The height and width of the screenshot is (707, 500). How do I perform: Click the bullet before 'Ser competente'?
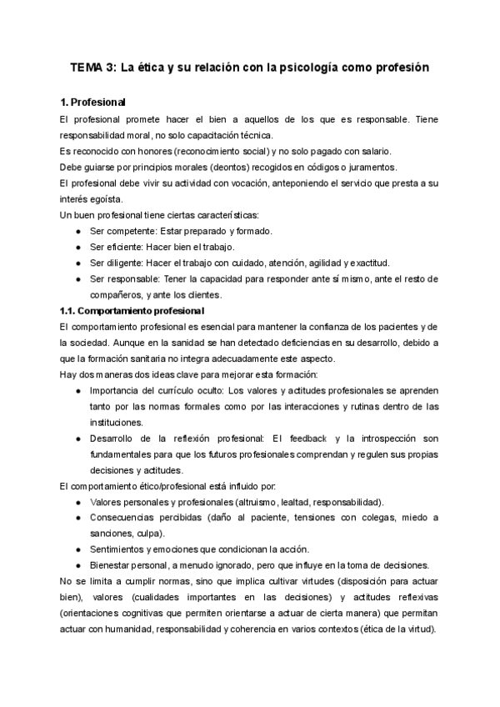coord(78,231)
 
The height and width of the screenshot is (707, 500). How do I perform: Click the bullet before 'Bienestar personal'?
coord(78,565)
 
